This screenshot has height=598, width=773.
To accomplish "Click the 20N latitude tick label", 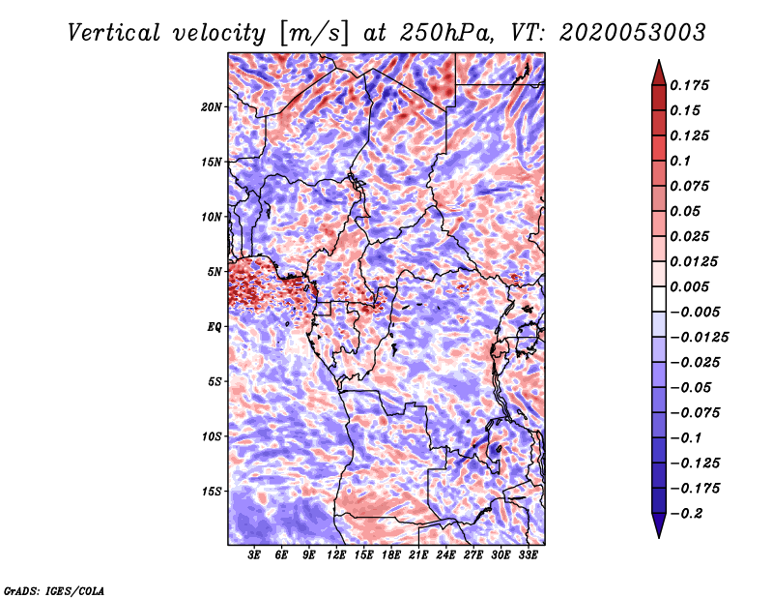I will tap(212, 106).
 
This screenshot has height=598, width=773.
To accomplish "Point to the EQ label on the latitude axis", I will tap(215, 326).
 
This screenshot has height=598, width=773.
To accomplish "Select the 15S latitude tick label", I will tap(212, 492).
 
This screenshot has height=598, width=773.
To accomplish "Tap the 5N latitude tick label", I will tap(215, 272).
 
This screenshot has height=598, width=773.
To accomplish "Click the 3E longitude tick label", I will tap(255, 556).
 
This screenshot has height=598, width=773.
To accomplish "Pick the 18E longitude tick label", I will tap(391, 556).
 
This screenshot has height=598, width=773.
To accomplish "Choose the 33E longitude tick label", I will tap(528, 556).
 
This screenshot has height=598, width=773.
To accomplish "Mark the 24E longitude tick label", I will tap(445, 556).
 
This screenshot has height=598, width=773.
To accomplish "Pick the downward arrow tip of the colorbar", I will tap(658, 535).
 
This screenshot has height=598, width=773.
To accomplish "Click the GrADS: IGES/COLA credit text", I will tap(53, 589).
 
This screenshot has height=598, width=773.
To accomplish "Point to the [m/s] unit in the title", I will tap(309, 32).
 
